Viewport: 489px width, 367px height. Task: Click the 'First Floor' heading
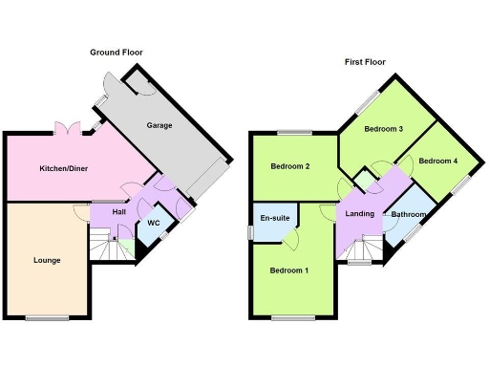tap(366, 62)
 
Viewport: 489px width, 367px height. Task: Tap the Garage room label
tap(159, 125)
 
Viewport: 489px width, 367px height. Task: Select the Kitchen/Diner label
tap(63, 169)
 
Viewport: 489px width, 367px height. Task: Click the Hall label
tap(118, 212)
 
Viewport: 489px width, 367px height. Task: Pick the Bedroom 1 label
tap(289, 270)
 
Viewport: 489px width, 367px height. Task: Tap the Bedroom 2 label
tap(289, 166)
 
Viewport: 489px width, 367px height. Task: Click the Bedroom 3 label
tap(384, 129)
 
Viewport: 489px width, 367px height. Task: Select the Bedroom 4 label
tap(437, 161)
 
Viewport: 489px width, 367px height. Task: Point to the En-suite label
tap(274, 217)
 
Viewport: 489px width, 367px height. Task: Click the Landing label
tap(360, 214)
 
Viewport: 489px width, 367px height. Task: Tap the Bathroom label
tap(409, 215)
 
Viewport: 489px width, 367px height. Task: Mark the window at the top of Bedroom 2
tap(294, 131)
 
